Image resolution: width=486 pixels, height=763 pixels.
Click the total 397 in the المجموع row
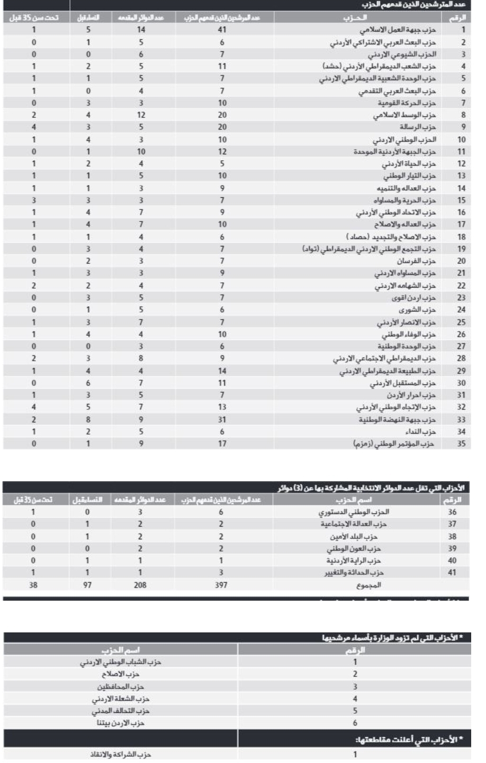pos(221,585)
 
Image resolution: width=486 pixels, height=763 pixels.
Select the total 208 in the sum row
pos(140,585)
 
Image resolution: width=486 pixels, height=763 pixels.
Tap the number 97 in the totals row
pos(88,585)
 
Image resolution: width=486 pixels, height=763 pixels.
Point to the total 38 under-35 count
pos(33,585)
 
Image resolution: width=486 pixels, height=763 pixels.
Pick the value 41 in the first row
pos(222,30)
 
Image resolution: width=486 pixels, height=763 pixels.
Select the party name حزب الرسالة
pos(417,127)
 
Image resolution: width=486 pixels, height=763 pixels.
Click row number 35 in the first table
pos(462,444)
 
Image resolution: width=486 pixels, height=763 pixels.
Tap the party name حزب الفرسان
pos(416,261)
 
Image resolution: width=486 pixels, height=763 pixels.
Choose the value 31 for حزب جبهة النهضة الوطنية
pos(222,419)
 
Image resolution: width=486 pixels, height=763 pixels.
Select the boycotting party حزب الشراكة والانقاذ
pos(121,755)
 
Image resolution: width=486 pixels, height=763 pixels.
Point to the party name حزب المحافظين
pos(121,686)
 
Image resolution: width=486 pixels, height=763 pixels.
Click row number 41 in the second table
pos(452,572)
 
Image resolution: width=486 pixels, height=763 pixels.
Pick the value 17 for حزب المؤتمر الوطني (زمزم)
pos(222,444)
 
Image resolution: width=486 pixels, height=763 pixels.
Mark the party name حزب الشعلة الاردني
pos(121,698)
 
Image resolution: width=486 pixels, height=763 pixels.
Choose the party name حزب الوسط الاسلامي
pos(404,115)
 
